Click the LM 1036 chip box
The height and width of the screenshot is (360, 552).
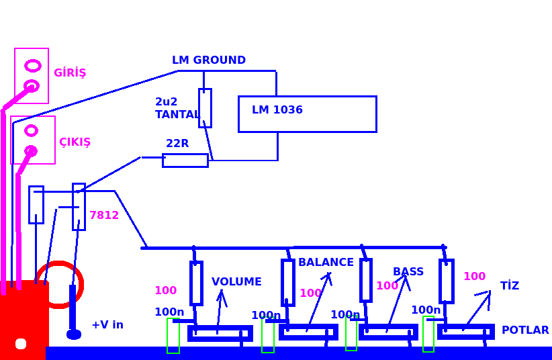307,114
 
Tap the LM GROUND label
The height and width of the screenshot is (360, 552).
209,60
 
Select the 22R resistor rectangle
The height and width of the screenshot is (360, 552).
185,161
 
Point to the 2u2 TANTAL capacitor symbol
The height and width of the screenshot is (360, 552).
205,107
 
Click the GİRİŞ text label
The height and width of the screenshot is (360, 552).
70,73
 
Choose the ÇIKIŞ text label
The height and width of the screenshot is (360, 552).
75,142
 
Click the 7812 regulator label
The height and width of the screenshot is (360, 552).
104,216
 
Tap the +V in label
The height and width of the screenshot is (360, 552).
107,325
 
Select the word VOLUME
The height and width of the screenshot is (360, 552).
236,282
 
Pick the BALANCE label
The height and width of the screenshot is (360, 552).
326,263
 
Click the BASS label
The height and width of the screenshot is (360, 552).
408,272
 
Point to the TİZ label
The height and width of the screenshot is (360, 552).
510,286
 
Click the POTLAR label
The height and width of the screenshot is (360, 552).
525,330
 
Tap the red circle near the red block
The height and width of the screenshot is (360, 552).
60,285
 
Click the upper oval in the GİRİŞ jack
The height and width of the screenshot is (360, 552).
32,66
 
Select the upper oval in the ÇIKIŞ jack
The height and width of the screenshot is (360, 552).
31,130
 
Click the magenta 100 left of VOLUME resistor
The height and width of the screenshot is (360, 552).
165,291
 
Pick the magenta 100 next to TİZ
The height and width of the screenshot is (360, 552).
474,277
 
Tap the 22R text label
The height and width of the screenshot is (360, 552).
177,144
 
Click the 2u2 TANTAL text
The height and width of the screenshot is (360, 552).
177,108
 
